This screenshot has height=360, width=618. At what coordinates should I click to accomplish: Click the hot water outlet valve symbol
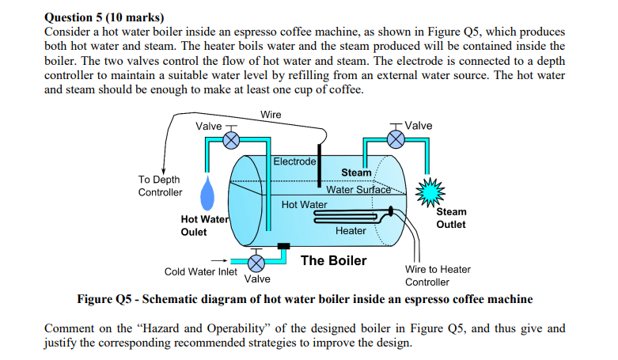231,140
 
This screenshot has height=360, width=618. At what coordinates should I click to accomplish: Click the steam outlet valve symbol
395,140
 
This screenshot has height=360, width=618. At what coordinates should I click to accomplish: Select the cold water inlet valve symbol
256,262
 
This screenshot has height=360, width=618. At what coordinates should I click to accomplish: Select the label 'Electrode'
294,161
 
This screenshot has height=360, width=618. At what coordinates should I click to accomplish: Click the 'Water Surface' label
358,189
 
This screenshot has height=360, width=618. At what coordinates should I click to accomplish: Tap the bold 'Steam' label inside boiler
356,172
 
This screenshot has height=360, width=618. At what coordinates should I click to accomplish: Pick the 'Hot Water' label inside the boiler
304,205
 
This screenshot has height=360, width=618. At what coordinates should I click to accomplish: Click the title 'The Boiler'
333,260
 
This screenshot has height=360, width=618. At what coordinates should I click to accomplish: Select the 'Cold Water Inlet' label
200,271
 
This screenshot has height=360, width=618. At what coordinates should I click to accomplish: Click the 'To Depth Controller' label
160,186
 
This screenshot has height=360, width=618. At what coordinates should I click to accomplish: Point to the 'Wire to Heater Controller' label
438,275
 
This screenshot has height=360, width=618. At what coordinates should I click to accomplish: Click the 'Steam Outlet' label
451,218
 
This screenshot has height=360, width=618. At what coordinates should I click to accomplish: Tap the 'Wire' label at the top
270,116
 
